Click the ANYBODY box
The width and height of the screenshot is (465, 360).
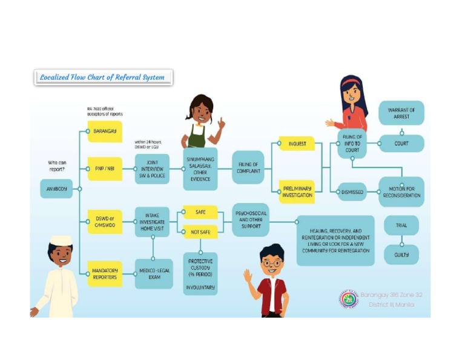pyautogui.click(x=57, y=189)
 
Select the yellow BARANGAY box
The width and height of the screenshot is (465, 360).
pyautogui.click(x=105, y=131)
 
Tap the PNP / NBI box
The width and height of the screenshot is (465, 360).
pyautogui.click(x=105, y=168)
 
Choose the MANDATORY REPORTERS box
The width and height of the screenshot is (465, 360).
pyautogui.click(x=105, y=273)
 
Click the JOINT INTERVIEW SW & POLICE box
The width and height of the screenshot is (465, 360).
pyautogui.click(x=151, y=168)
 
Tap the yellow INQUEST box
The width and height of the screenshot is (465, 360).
pyautogui.click(x=297, y=144)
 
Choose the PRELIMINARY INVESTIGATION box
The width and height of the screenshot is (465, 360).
pyautogui.click(x=297, y=192)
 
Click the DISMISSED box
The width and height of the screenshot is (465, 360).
pyautogui.click(x=352, y=192)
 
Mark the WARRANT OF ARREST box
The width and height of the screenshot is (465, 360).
pyautogui.click(x=401, y=113)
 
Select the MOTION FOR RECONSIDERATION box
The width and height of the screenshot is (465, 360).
pyautogui.click(x=401, y=192)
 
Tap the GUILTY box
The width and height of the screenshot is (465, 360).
pyautogui.click(x=401, y=255)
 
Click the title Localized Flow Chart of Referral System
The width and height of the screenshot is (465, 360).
pyautogui.click(x=103, y=78)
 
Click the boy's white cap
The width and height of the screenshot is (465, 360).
pyautogui.click(x=61, y=239)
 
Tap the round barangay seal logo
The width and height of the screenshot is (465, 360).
pyautogui.click(x=348, y=299)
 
